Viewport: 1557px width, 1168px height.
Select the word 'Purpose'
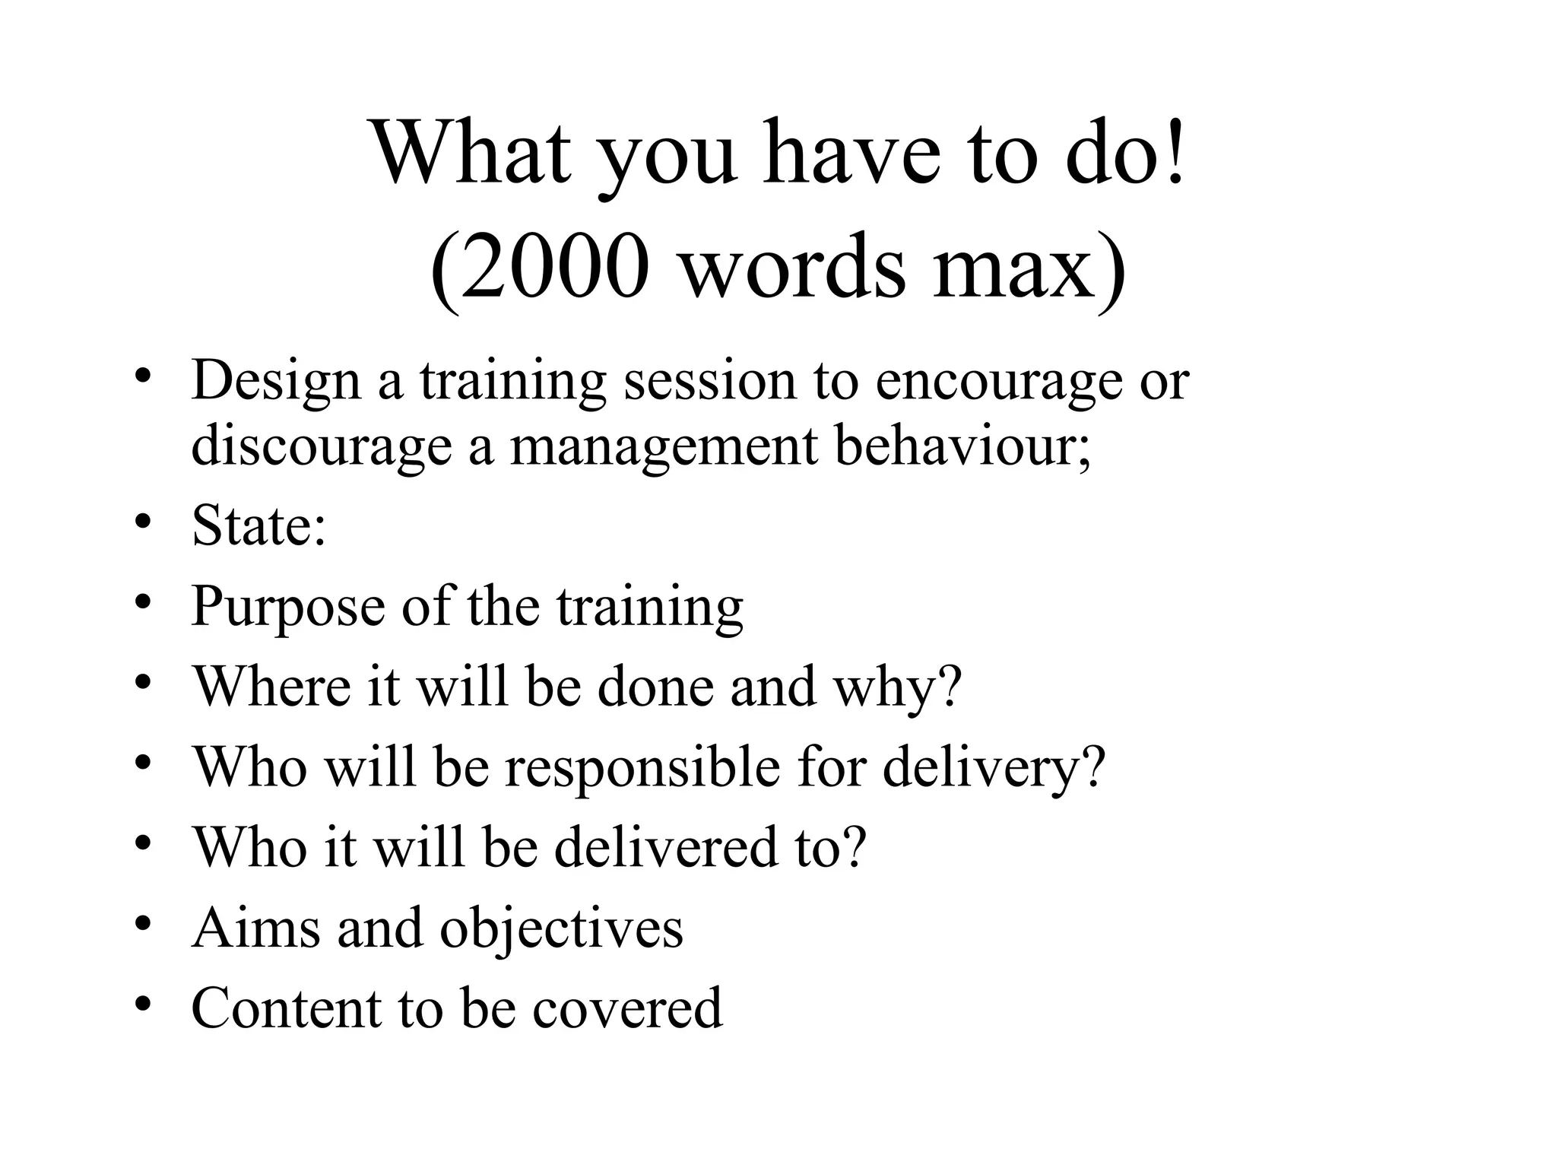tap(288, 607)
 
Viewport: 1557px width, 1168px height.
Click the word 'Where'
tap(272, 687)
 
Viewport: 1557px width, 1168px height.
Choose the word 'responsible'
tap(642, 767)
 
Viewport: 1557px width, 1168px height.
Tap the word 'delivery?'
tap(993, 767)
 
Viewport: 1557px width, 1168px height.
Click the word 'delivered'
tap(667, 847)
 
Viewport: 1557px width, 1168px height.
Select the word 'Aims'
tap(256, 928)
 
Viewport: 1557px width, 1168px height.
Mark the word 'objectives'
tap(562, 928)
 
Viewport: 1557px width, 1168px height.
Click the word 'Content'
tap(285, 1008)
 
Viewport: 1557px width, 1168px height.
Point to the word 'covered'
tap(627, 1008)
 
